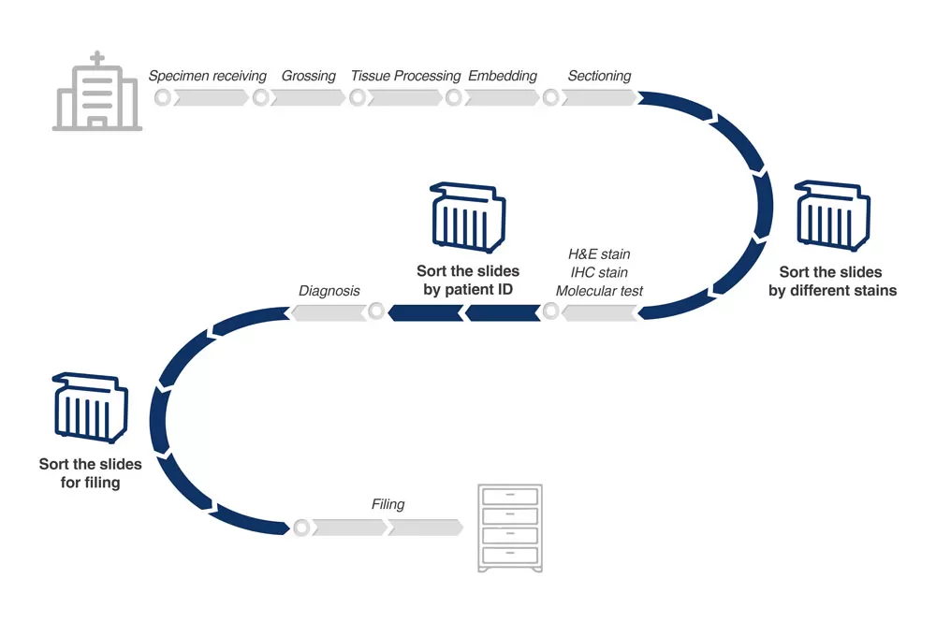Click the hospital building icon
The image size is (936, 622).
click(97, 94)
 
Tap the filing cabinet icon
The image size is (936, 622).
click(509, 528)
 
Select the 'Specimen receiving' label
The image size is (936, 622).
click(208, 76)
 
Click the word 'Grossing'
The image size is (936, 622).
click(308, 76)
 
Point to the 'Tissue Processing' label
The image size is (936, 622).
click(405, 76)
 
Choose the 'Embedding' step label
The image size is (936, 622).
click(503, 76)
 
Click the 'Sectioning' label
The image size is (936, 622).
click(599, 76)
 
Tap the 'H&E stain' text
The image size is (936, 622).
click(599, 253)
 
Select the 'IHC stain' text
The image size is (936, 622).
click(599, 272)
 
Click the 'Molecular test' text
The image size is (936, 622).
click(599, 291)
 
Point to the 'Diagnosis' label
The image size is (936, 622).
click(329, 291)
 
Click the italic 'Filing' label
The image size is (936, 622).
click(388, 504)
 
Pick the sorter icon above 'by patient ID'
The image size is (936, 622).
click(467, 218)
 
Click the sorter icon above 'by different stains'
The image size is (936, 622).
click(832, 217)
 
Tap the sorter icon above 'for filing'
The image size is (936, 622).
click(91, 409)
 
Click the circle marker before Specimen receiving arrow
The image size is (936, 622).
click(163, 97)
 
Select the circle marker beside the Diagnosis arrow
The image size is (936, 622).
click(376, 311)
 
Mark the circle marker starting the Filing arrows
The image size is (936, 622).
click(301, 528)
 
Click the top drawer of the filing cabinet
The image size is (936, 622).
click(509, 498)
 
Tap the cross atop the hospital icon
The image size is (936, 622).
click(97, 61)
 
